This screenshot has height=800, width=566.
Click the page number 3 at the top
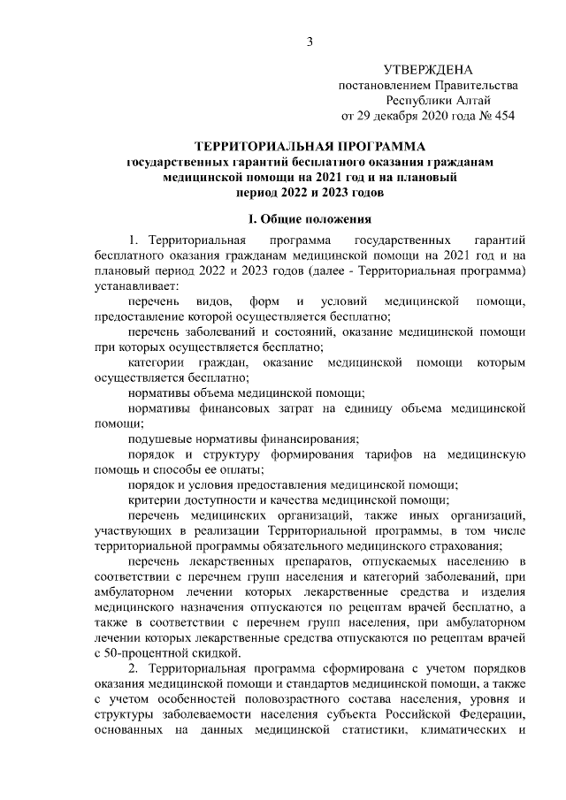pyautogui.click(x=310, y=42)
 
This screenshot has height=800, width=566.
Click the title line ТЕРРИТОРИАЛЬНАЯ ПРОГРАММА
pyautogui.click(x=310, y=146)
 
